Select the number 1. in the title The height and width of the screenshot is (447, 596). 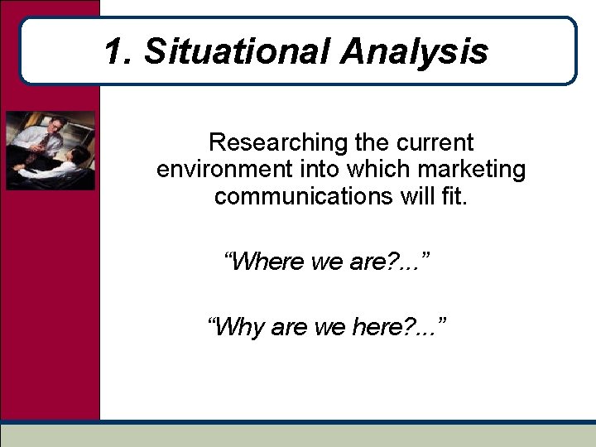[118, 51]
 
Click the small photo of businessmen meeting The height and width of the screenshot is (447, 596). [50, 151]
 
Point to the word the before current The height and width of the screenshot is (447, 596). [372, 142]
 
